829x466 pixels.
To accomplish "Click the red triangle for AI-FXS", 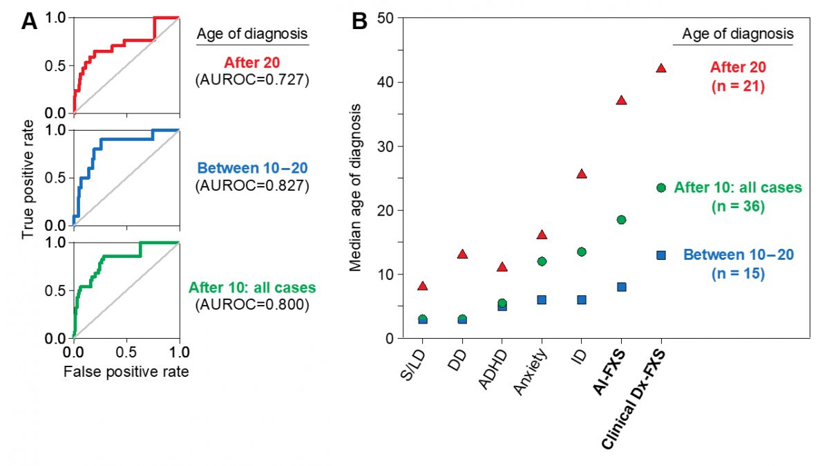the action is pos(621,100).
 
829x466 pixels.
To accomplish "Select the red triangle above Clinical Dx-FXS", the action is pos(661,68).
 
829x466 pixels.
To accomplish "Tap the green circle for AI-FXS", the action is pos(621,220).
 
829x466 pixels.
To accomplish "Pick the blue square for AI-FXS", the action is pos(621,287).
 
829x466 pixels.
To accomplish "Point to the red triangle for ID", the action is pos(582,174).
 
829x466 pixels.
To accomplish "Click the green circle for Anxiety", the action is pos(542,261).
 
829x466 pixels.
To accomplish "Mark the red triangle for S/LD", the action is pos(423,286).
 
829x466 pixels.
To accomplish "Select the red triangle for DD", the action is pos(462,254).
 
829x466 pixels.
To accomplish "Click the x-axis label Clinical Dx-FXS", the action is pos(633,400).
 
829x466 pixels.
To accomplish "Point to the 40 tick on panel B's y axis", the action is pos(386,82).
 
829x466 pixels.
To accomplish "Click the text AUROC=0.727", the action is pos(252,80).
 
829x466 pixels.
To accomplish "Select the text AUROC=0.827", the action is pos(252,185).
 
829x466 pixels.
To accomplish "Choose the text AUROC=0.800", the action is pos(252,304).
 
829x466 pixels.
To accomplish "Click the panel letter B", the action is pos(359,21).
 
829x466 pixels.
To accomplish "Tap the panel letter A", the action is pos(29,21).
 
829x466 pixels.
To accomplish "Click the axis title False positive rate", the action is pos(126,371).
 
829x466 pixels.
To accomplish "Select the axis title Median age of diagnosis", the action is pos(355,187).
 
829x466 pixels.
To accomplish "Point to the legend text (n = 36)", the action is pos(738,206).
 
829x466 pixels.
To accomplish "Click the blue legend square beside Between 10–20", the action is pos(661,255).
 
